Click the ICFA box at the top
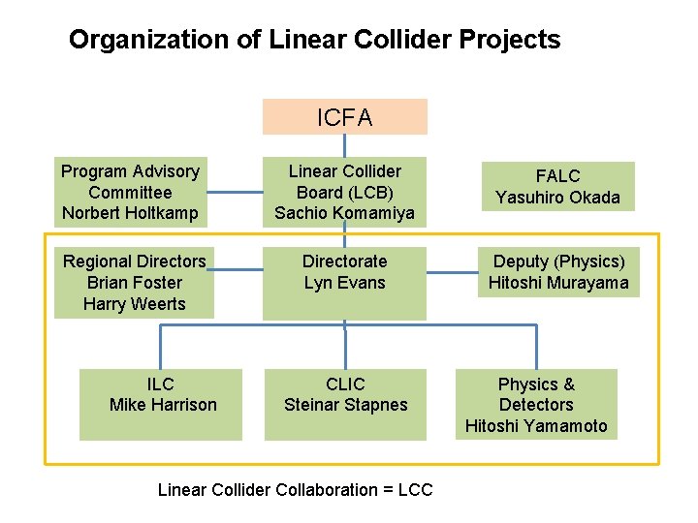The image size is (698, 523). [x=344, y=117]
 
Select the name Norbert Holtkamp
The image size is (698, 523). [x=130, y=213]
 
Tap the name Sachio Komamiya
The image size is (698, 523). [x=344, y=213]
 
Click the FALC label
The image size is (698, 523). [x=558, y=175]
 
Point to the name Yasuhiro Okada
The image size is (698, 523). [x=558, y=198]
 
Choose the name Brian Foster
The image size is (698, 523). [x=135, y=283]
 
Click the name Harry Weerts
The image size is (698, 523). [x=135, y=304]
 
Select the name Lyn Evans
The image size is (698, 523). [x=344, y=283]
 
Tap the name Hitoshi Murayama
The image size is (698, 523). [x=558, y=283]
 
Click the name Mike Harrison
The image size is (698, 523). [x=163, y=405]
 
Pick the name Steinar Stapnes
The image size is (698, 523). [x=346, y=405]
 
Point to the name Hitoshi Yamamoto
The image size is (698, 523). [x=536, y=426]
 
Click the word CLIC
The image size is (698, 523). [x=346, y=384]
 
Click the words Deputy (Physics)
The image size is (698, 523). [x=558, y=261]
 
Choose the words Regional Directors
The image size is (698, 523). [x=135, y=261]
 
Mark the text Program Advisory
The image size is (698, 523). [x=130, y=171]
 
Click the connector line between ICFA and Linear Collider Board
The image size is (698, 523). [x=344, y=144]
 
